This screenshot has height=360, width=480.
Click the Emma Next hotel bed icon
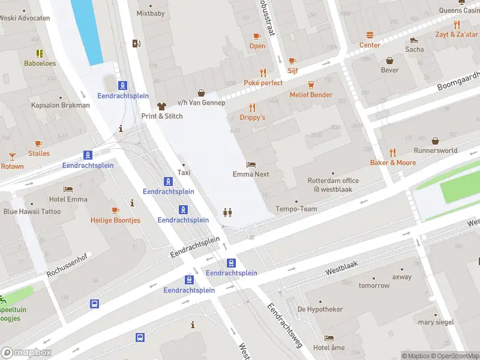click(251, 164)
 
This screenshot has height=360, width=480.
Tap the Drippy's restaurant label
click(252, 118)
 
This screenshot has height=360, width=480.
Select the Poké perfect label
click(263, 83)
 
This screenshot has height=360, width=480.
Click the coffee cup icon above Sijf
click(292, 61)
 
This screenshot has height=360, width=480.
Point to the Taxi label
click(184, 173)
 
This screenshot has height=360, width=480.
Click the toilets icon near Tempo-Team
click(227, 212)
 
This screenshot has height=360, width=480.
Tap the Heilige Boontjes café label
click(115, 220)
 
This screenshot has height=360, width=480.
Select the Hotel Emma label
click(68, 199)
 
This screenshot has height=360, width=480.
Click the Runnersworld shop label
click(435, 151)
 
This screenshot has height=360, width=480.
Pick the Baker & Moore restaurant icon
click(393, 152)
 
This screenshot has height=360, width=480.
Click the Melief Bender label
click(311, 95)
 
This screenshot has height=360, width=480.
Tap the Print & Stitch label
click(161, 116)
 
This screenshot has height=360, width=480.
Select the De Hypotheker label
click(320, 309)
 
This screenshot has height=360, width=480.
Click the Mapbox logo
click(26, 353)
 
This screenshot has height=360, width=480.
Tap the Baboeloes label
click(40, 63)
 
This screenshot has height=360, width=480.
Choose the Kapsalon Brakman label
click(60, 105)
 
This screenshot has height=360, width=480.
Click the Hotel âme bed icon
click(329, 338)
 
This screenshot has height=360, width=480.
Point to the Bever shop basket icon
click(390, 60)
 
